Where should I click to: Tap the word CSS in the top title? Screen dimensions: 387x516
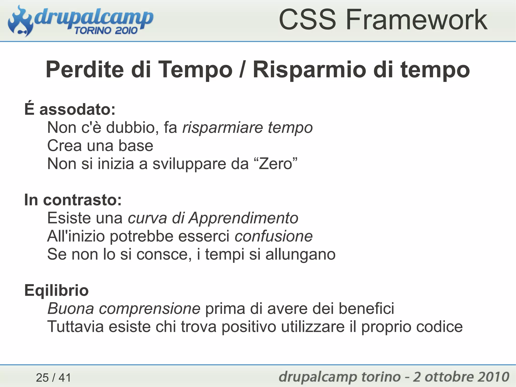(307, 20)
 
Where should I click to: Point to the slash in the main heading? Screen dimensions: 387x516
(242, 70)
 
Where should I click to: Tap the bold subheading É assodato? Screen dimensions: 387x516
(70, 109)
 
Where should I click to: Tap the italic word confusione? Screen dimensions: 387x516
(274, 236)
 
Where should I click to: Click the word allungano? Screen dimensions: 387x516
(300, 254)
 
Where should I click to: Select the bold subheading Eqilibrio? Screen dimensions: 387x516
(56, 290)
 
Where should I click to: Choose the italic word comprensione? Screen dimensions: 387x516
(149, 309)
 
